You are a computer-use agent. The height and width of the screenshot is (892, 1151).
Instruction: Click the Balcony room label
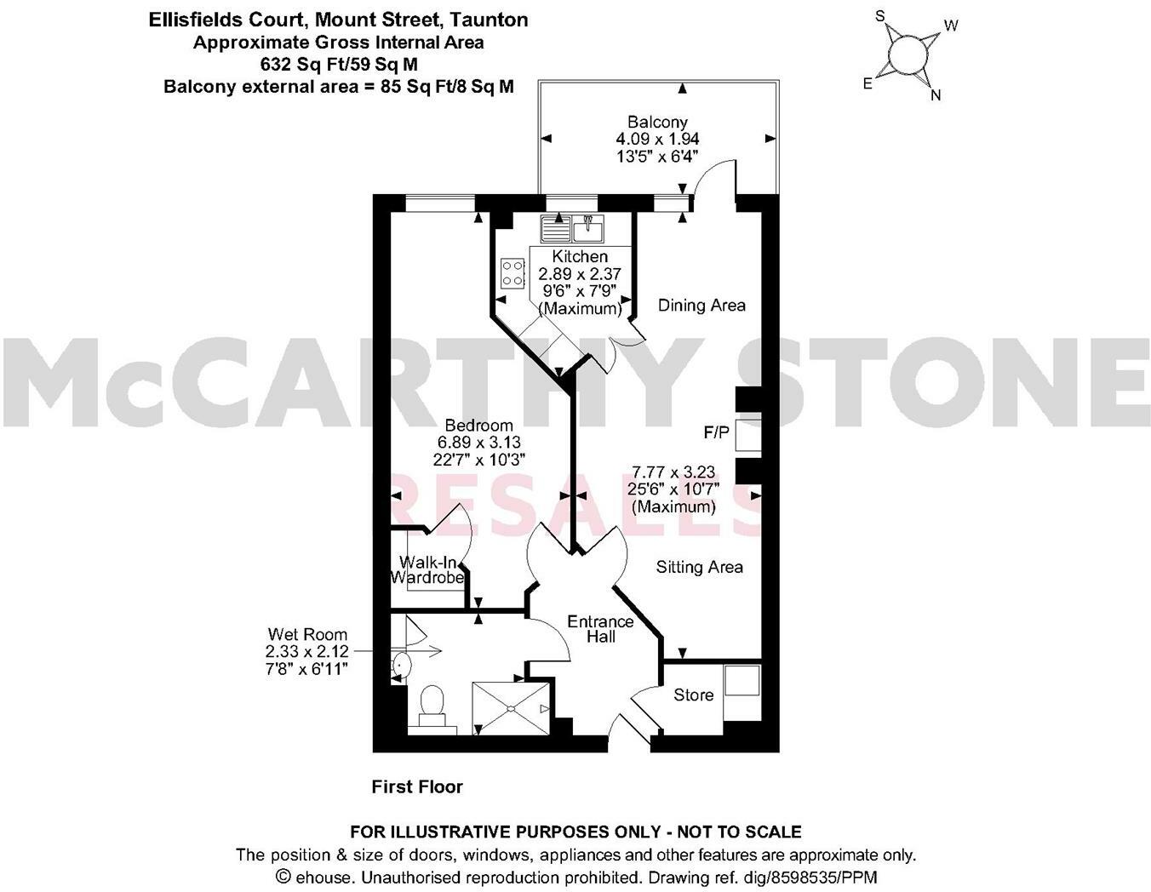[657, 122]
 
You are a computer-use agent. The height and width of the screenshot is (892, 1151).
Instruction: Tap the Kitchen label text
[580, 256]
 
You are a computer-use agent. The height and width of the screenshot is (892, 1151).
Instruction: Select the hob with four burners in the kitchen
[513, 272]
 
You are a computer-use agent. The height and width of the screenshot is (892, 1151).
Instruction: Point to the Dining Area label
[701, 305]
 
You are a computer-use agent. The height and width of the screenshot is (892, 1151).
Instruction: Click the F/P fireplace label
[716, 432]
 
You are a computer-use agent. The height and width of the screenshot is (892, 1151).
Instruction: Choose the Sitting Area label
[699, 567]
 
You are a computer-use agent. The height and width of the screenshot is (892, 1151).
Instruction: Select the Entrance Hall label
[600, 628]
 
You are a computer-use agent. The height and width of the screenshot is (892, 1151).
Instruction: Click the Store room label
[693, 695]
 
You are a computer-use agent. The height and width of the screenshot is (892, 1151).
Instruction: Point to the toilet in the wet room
[432, 705]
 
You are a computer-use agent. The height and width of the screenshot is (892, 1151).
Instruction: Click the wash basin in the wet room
[401, 664]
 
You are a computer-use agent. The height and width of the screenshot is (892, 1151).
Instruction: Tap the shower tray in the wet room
[513, 706]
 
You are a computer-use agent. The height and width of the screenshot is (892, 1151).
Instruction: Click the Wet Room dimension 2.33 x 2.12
[306, 651]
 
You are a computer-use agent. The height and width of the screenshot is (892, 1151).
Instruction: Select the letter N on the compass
[936, 95]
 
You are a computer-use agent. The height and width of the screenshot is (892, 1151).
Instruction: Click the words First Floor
[417, 786]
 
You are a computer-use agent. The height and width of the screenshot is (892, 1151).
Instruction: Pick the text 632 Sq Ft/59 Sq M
[339, 64]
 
